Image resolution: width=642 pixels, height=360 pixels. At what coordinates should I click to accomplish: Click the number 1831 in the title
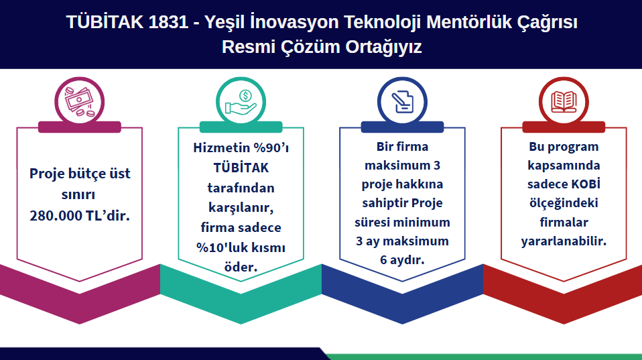(x=168, y=22)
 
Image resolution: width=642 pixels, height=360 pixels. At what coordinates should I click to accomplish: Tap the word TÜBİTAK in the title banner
(x=105, y=21)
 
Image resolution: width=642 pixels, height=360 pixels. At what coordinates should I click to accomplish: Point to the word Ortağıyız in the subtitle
(x=383, y=47)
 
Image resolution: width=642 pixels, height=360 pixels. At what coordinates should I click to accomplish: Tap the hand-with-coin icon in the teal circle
(x=241, y=102)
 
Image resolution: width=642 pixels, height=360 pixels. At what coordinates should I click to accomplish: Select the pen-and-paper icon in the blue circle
(x=402, y=102)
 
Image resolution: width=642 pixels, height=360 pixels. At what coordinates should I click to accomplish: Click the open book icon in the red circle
(x=564, y=102)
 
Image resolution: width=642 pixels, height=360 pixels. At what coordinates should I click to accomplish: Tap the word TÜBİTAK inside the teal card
(x=241, y=168)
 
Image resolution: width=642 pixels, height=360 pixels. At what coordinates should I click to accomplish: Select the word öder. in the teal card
(x=241, y=267)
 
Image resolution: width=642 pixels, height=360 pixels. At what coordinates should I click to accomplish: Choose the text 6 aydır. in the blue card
(x=402, y=260)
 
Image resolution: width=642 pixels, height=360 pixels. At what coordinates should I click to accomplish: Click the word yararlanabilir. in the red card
(x=564, y=241)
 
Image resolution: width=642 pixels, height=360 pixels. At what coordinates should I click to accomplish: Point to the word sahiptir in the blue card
(x=385, y=203)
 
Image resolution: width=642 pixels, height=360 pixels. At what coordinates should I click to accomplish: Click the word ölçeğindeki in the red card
(x=564, y=203)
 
